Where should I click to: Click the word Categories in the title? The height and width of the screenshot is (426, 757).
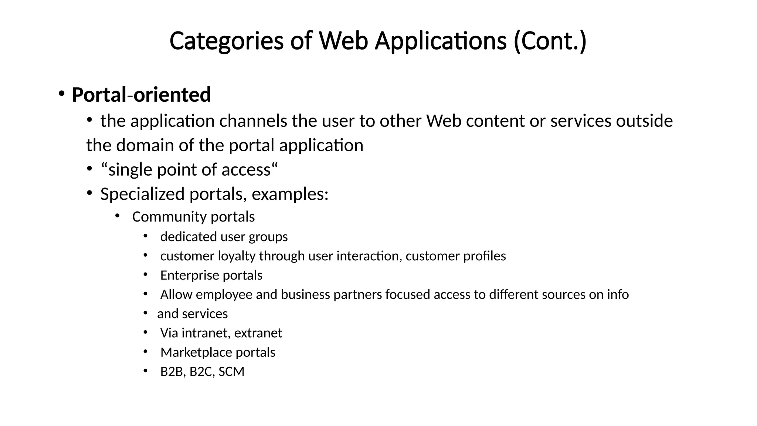point(226,41)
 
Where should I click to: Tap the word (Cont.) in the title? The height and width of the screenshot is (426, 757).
point(550,41)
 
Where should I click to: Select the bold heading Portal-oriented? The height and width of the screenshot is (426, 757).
point(141,95)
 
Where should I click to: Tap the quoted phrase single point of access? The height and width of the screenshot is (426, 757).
point(189,170)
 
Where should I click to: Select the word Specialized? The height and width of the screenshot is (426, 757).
point(142,194)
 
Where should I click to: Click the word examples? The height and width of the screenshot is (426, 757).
point(290,194)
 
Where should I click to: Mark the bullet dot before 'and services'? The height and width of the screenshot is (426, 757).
point(146,313)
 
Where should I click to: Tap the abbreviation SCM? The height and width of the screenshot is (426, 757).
point(231,371)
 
